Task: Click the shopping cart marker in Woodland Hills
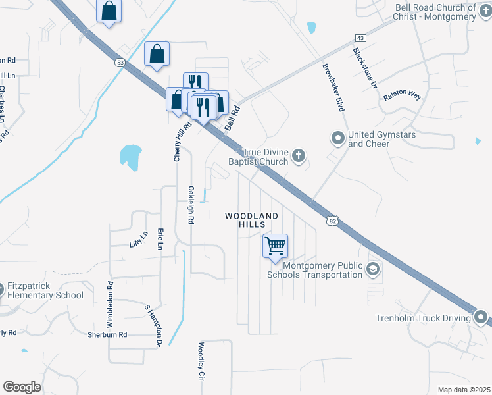point(275,246)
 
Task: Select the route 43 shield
point(360,39)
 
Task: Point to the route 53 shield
point(120,63)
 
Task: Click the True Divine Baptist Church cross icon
point(299,156)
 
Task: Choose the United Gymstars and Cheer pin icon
point(338,138)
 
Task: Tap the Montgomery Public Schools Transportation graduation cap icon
point(373,269)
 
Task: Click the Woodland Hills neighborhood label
point(251,220)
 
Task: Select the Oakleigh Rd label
point(191,206)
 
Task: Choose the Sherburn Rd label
point(107,335)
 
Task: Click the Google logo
point(22,387)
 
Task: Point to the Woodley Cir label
point(202,361)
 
